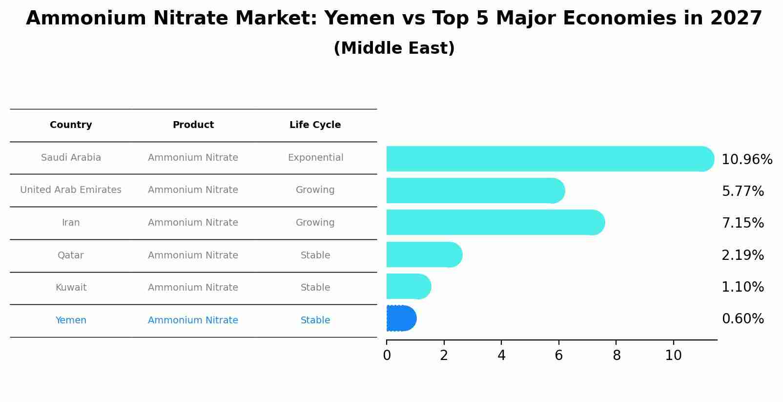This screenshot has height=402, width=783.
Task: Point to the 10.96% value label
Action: (x=747, y=160)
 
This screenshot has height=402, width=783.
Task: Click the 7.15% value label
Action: (x=742, y=223)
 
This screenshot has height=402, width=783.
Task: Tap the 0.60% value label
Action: (x=742, y=319)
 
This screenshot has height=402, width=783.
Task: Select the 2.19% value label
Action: (x=742, y=255)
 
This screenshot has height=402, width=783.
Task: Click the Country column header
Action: (x=71, y=125)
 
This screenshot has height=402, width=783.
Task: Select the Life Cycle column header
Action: (x=315, y=125)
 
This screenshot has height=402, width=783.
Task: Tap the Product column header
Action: (x=193, y=125)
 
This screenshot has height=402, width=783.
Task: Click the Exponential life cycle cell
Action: (x=315, y=158)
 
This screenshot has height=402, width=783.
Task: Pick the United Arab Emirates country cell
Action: (x=71, y=190)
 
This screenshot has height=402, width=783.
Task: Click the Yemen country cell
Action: (x=71, y=320)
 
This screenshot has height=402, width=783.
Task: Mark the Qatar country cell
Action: (x=71, y=255)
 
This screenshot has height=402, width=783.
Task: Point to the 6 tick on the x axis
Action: (x=559, y=356)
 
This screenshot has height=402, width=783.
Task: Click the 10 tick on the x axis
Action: (x=673, y=356)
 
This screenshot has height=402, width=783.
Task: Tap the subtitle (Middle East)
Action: (x=394, y=48)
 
